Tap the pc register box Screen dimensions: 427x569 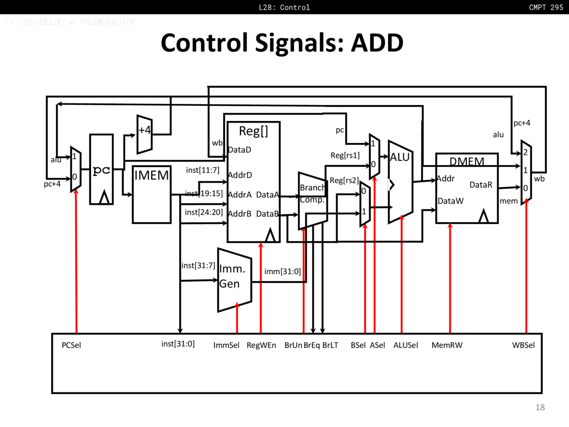coord(101,169)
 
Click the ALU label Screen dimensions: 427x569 coord(400,157)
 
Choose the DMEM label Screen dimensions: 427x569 coord(467,161)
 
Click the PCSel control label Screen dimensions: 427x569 coord(71,345)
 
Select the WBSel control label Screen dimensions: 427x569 coord(523,345)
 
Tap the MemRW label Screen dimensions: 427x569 coord(447,345)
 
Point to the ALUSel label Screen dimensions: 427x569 coord(405,345)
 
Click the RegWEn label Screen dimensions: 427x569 coord(261,345)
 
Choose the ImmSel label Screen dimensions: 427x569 coord(226,345)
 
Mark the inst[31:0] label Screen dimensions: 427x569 coord(178,344)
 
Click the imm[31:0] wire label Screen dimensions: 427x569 coord(282,271)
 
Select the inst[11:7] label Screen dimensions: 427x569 coord(202,170)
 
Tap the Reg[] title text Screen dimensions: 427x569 coord(253,131)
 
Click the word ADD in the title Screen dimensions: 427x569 coord(377,43)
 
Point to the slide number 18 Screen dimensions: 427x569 coord(540,407)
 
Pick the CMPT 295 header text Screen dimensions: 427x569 coord(546,7)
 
